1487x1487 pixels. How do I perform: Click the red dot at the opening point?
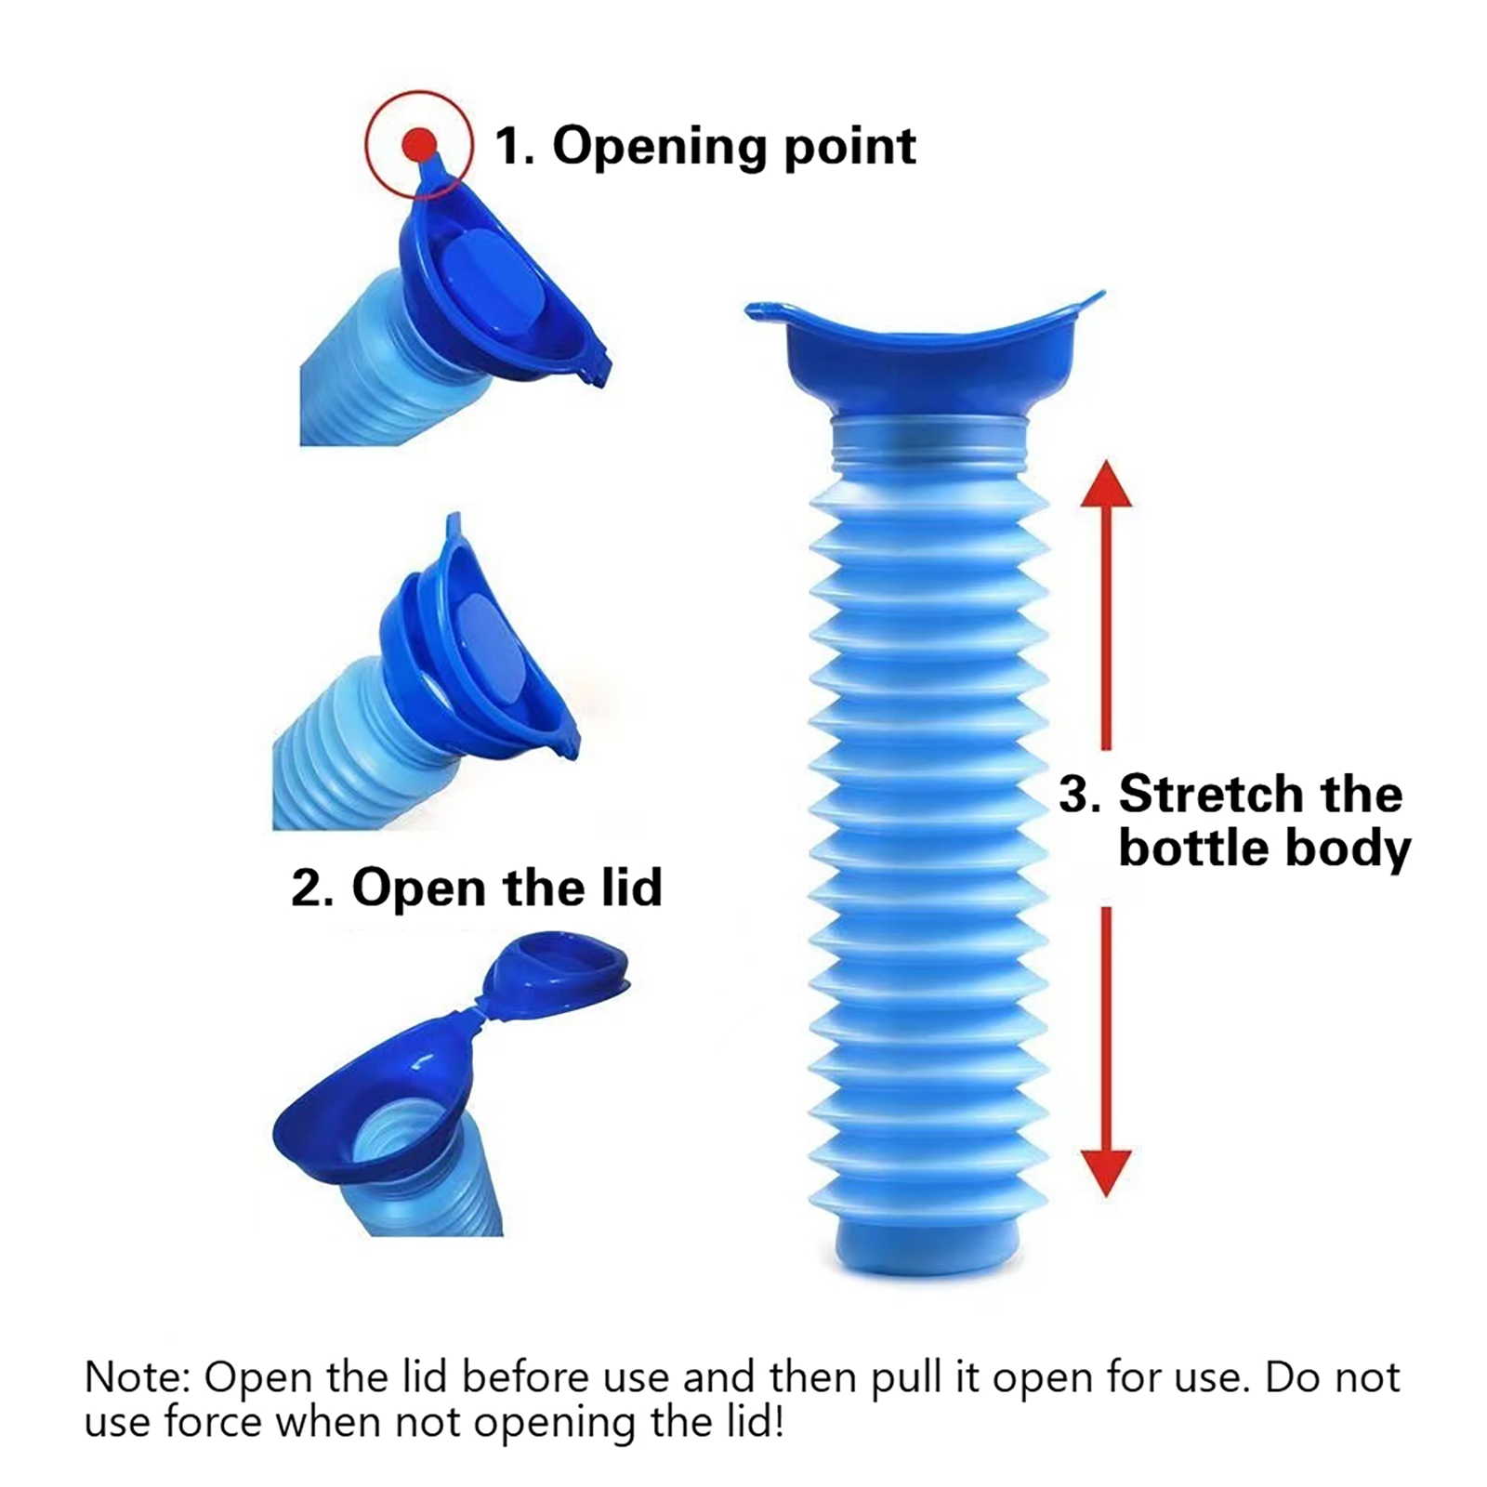pos(419,144)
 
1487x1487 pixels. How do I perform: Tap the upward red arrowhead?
pos(1106,486)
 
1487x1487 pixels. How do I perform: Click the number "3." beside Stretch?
pos(1080,795)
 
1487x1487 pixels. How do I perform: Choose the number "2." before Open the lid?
pos(313,888)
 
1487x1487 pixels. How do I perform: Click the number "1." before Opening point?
pos(514,147)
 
